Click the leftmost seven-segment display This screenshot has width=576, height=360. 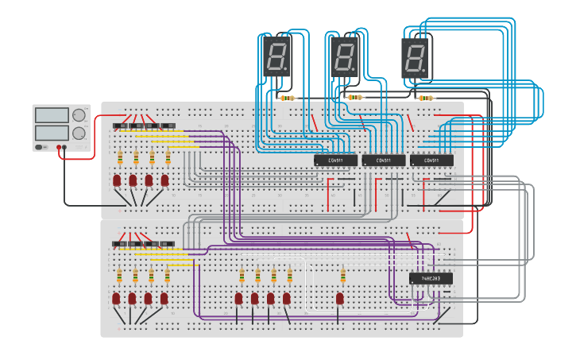tap(276, 57)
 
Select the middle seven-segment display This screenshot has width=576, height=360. tap(344, 57)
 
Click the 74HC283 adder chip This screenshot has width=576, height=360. tap(431, 279)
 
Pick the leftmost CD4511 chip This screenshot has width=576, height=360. tap(335, 161)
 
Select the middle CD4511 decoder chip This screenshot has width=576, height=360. tap(383, 161)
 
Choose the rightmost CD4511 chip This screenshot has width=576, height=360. tap(431, 161)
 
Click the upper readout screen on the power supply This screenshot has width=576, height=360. tap(52, 115)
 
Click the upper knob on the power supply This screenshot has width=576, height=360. tap(79, 115)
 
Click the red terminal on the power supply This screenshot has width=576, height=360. tap(60, 148)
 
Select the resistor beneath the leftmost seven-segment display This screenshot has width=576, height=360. tap(287, 99)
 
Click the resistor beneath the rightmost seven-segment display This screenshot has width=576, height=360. tap(427, 99)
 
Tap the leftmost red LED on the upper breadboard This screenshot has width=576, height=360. tap(117, 180)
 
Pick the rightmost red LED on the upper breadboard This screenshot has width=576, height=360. tap(164, 180)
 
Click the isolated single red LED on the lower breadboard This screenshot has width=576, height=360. tap(339, 298)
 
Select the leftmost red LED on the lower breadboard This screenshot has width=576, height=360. tap(116, 298)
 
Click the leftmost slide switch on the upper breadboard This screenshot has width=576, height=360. tap(120, 126)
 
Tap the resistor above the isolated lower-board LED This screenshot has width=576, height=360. tap(342, 276)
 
